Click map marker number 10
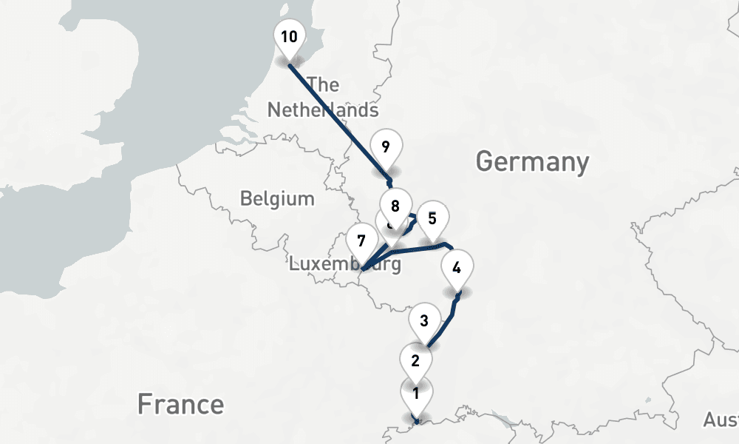pyautogui.click(x=289, y=36)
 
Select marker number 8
pyautogui.click(x=395, y=206)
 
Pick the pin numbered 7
pyautogui.click(x=361, y=241)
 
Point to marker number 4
pyautogui.click(x=457, y=268)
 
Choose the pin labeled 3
pyautogui.click(x=424, y=321)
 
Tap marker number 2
pyautogui.click(x=415, y=361)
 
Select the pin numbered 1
pyautogui.click(x=416, y=394)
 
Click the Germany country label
pyautogui.click(x=532, y=161)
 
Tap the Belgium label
pyautogui.click(x=277, y=198)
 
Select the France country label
pyautogui.click(x=180, y=404)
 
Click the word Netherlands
pyautogui.click(x=323, y=110)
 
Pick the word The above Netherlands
pyautogui.click(x=323, y=85)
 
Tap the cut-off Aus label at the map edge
pyautogui.click(x=720, y=420)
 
